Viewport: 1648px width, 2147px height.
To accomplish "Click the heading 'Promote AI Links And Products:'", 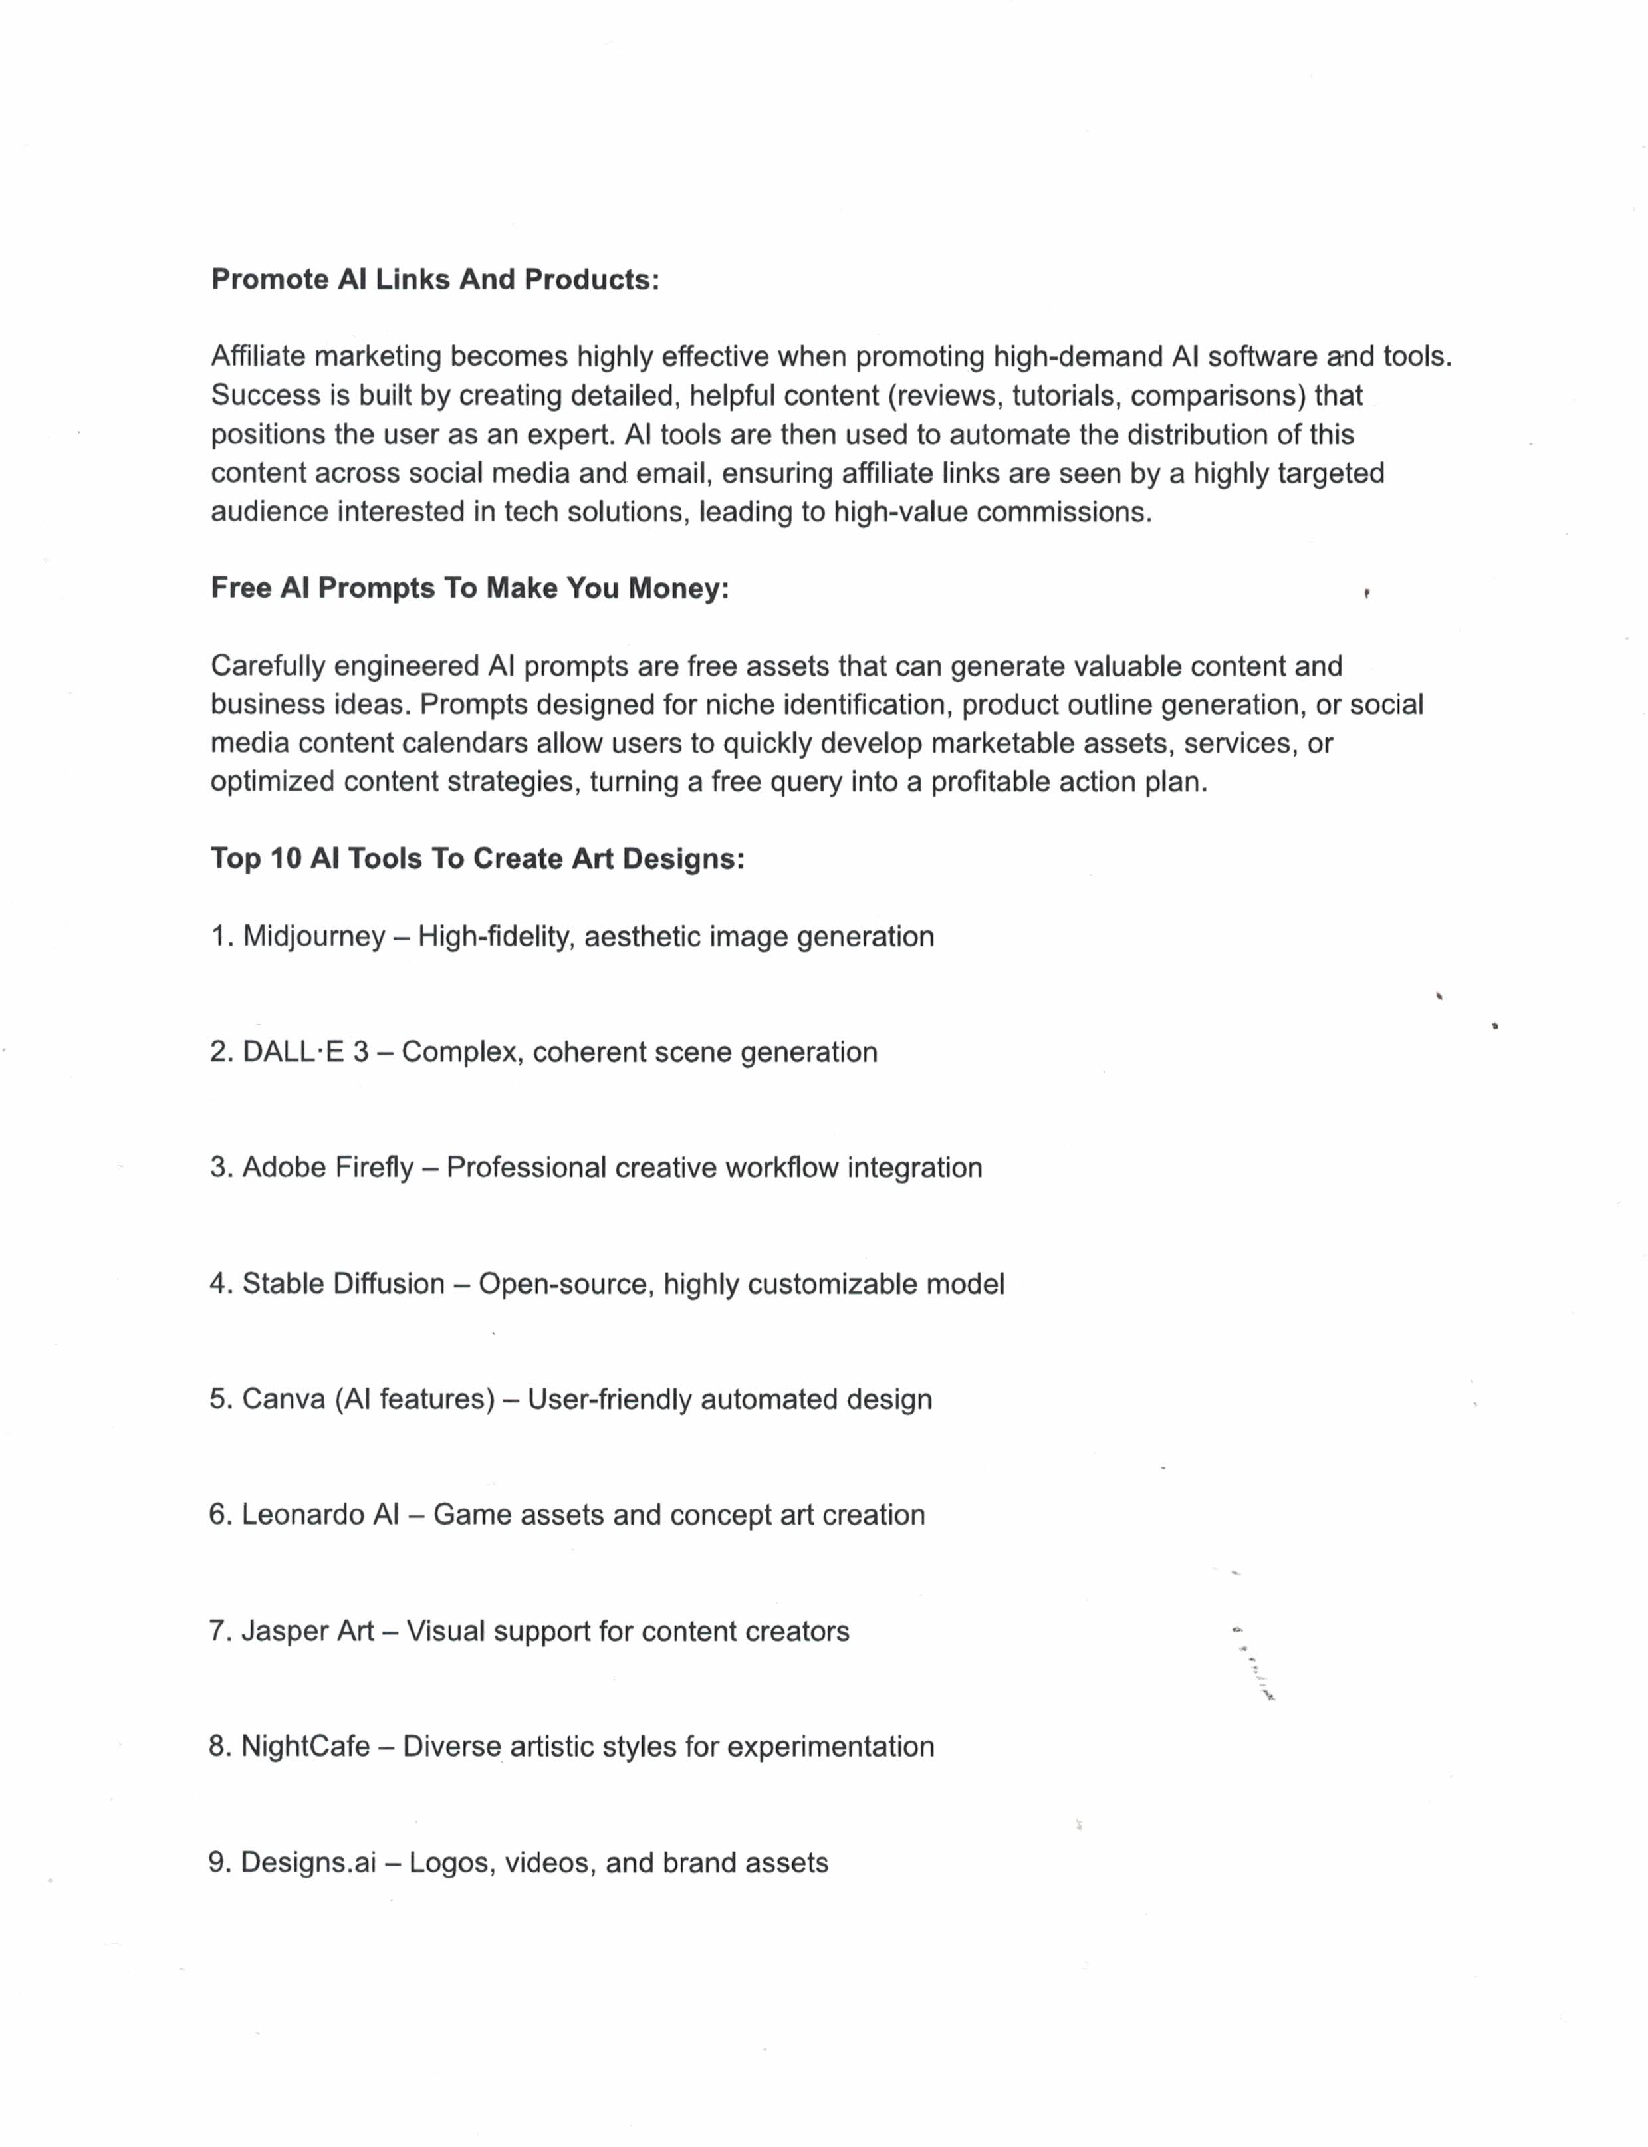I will [435, 280].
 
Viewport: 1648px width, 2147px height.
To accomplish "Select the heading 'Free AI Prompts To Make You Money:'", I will [470, 588].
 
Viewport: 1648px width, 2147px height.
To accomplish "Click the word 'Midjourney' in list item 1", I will [314, 936].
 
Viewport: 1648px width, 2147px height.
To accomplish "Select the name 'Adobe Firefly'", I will [328, 1168].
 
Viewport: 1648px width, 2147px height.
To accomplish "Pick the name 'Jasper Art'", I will [307, 1631].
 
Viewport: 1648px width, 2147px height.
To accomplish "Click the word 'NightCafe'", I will [305, 1747].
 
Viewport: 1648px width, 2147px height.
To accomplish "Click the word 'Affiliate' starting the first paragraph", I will [258, 356].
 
